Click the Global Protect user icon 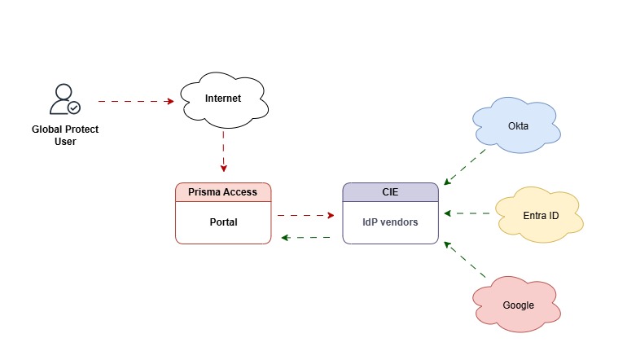click(63, 99)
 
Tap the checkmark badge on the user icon click(73, 107)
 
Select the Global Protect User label click(65, 135)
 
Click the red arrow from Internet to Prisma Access click(223, 153)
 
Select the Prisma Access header click(223, 192)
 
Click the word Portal click(223, 222)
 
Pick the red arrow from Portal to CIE click(305, 216)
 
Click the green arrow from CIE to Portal click(305, 238)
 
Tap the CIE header click(390, 192)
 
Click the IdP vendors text click(390, 222)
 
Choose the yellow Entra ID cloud click(540, 216)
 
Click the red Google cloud click(517, 304)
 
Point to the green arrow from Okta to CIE click(464, 167)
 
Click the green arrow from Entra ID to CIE click(468, 214)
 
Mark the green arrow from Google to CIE click(464, 261)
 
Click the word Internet click(223, 99)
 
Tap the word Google click(518, 305)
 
